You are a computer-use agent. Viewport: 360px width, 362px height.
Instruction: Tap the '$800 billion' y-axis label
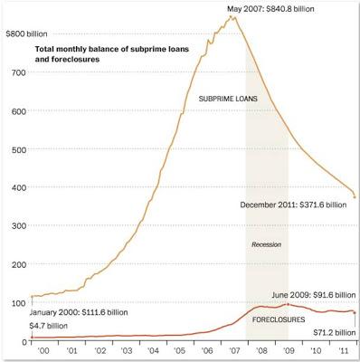point(26,32)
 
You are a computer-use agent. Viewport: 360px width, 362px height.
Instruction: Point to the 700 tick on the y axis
point(21,70)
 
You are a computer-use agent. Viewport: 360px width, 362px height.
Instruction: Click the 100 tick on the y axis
point(21,302)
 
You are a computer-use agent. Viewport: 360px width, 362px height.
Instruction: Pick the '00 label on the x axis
point(40,350)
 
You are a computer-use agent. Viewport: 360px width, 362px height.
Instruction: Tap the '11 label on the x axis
point(344,350)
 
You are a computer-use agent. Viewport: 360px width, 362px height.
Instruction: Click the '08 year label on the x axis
point(261,350)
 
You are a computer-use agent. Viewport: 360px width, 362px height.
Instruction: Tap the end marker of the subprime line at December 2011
point(355,196)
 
